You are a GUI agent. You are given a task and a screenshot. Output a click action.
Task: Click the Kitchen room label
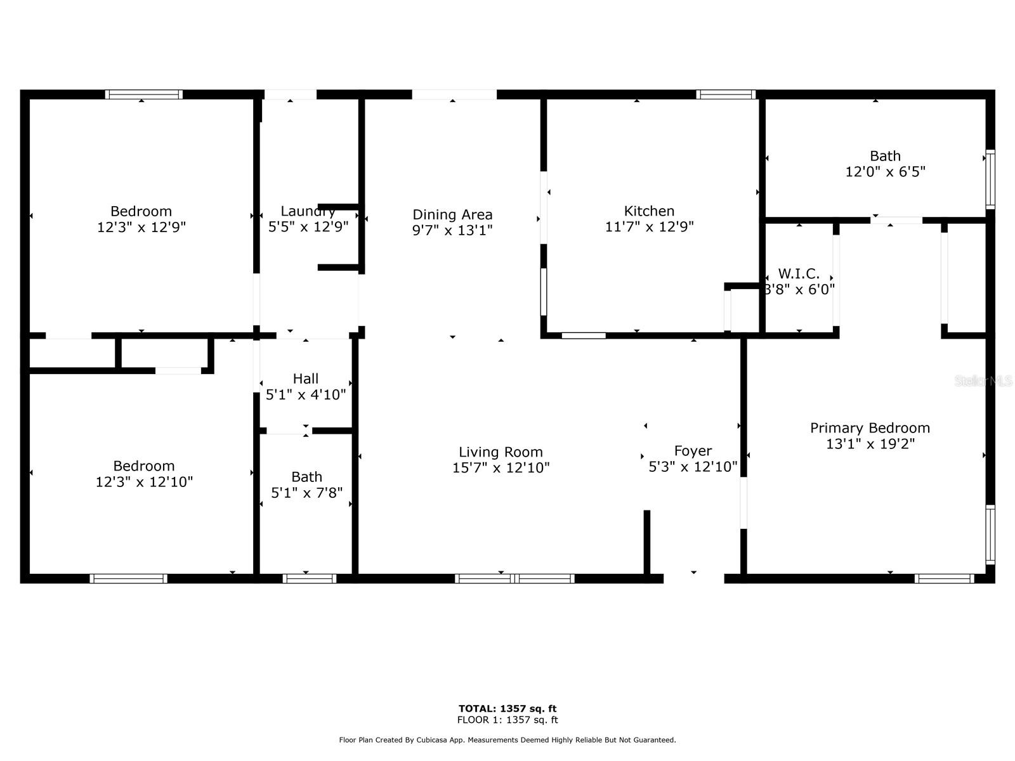[649, 211]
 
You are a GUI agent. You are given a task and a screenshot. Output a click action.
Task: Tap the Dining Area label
[452, 215]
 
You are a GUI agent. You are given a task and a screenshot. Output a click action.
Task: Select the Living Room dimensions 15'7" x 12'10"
[501, 468]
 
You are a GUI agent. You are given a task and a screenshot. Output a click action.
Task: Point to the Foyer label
[693, 451]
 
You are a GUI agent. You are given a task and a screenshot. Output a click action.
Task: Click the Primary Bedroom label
[870, 428]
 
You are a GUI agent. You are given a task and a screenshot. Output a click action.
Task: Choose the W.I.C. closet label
[799, 274]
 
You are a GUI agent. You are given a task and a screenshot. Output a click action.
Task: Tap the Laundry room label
[308, 211]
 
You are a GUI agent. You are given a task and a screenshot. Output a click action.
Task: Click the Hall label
[305, 379]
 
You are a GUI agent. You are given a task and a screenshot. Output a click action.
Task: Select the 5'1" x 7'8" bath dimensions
[306, 493]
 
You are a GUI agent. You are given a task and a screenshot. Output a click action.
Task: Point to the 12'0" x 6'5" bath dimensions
[885, 172]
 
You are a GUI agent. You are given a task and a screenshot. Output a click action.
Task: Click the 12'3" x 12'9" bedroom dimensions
[141, 227]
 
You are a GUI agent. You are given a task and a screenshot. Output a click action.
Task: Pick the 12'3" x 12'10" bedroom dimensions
[144, 482]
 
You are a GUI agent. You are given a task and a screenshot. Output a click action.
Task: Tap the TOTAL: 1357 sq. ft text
[507, 708]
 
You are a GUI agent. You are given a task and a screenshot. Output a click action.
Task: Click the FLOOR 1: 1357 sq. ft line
[507, 720]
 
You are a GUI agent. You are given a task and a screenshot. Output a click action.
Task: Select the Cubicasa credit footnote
[507, 740]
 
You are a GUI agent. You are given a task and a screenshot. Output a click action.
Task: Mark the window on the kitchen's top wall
[726, 94]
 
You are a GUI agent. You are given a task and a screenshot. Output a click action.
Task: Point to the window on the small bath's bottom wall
[309, 578]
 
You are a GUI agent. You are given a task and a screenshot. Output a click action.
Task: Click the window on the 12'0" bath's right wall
[990, 179]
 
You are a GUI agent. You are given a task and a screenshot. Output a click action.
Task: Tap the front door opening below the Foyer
[693, 577]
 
